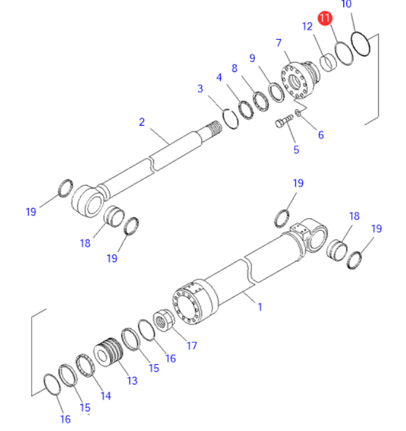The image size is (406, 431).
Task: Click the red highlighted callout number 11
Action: point(324,18)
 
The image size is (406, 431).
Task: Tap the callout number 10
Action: point(346,5)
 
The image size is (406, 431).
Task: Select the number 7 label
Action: point(278,43)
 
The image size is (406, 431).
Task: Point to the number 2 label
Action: point(142,122)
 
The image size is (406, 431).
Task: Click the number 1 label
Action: point(259,307)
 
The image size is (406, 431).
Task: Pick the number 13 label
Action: point(132,380)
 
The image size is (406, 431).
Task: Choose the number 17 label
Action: point(191,346)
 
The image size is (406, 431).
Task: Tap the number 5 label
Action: point(296,150)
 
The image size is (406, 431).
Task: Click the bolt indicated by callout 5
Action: point(283,121)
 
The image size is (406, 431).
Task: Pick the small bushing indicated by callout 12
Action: point(329,63)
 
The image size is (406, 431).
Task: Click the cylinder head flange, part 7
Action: point(298,79)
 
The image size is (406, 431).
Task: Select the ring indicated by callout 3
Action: point(231,117)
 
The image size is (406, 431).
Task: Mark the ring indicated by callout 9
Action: point(276,91)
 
